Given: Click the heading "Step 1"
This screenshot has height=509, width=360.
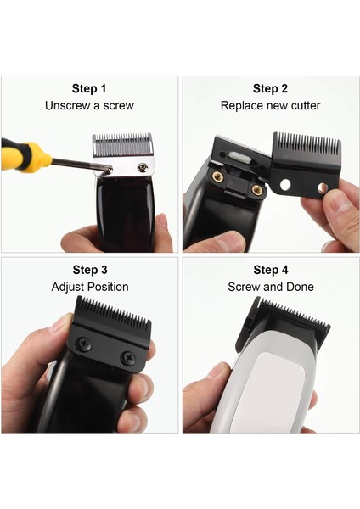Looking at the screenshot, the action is (89, 88).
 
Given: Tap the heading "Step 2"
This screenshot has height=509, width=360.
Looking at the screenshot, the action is (270, 88).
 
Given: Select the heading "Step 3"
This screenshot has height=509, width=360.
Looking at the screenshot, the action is (90, 270).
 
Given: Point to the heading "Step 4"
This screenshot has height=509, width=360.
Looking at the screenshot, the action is (271, 270).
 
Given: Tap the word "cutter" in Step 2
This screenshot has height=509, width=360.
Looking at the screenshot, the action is (306, 105).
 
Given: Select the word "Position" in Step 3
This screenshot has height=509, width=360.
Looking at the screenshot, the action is (108, 287).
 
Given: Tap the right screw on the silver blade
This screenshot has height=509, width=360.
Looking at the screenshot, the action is (143, 167).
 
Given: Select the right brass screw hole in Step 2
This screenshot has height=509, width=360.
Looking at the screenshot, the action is (257, 189).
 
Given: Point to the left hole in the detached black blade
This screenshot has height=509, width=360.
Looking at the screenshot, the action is (285, 184).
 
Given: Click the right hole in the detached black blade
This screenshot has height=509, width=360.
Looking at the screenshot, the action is (323, 187).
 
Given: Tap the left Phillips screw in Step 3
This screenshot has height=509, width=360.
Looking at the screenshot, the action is (83, 344).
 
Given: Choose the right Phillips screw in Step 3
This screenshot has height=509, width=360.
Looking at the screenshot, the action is (128, 358).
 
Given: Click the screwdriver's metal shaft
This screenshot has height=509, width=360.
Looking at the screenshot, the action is (80, 165).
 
